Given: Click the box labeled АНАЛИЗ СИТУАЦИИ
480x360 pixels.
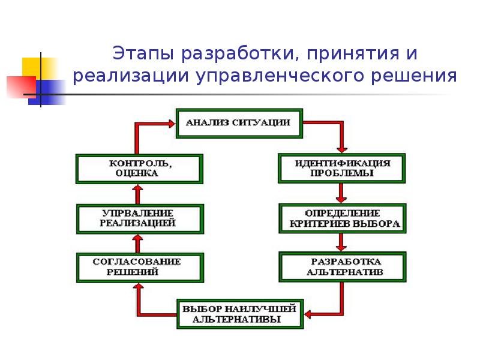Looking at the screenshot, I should click(x=238, y=122).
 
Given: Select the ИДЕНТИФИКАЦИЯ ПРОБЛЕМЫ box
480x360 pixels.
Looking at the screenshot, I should click(x=342, y=168).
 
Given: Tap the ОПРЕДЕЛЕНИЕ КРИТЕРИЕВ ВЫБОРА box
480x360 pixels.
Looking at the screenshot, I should click(x=342, y=219).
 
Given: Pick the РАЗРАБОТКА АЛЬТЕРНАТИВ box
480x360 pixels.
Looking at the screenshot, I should click(x=342, y=268).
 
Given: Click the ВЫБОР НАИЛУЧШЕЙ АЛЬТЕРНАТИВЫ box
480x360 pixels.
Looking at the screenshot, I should click(x=239, y=314).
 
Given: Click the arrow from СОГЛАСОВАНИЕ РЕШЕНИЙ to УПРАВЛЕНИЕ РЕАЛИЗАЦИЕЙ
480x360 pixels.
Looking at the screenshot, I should click(x=137, y=243).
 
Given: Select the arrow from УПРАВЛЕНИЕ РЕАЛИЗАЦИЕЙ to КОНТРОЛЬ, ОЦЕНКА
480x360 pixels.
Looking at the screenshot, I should click(x=137, y=193).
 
